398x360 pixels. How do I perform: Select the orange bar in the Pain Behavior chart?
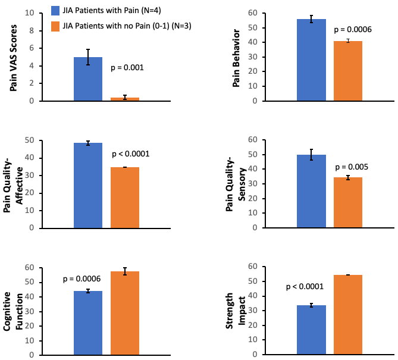click(348, 71)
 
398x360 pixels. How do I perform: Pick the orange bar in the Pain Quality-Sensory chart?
click(348, 202)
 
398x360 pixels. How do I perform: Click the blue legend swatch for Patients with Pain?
click(54, 10)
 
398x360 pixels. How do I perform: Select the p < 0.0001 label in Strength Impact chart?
click(305, 287)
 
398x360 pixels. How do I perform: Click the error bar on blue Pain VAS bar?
click(88, 57)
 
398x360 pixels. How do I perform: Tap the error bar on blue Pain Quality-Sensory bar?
click(311, 155)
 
